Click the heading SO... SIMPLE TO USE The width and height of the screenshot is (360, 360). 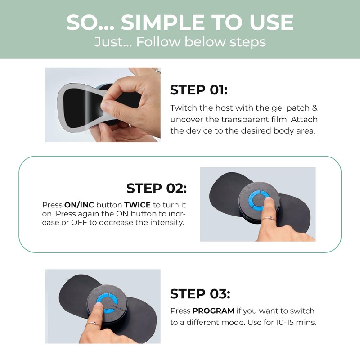[180, 22]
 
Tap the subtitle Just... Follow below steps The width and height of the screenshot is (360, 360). [180, 42]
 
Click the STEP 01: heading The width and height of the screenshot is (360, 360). [199, 90]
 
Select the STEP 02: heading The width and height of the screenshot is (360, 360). [156, 188]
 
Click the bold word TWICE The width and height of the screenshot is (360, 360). [137, 204]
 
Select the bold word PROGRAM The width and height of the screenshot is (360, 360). [213, 311]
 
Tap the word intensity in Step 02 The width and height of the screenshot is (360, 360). [170, 223]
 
